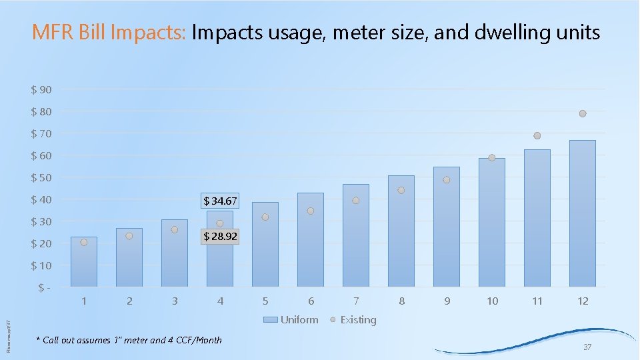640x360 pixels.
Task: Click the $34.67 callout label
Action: point(220,201)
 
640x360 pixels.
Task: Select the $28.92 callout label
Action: point(220,237)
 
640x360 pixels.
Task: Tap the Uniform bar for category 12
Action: point(583,213)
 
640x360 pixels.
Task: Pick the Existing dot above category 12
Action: point(583,113)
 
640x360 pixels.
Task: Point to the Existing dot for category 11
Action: point(537,135)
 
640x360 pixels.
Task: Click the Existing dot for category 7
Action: point(356,201)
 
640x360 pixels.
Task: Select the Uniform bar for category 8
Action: point(401,233)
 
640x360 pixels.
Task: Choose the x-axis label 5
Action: point(265,301)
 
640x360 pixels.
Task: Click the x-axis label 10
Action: point(492,301)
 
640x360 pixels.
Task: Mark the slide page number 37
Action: point(587,347)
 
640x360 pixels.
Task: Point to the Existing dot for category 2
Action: point(129,236)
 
